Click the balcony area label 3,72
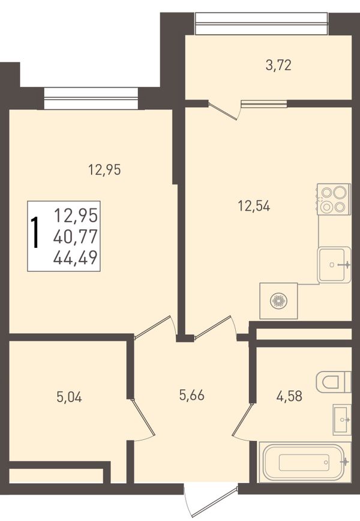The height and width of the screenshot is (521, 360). [x=278, y=65]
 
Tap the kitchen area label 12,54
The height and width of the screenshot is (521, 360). [x=254, y=206]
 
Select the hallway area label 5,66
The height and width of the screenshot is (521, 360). [x=191, y=395]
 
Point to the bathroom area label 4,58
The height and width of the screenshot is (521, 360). [x=289, y=396]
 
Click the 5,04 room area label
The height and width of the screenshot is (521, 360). [x=69, y=397]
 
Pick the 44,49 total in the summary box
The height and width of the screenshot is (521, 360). [x=76, y=257]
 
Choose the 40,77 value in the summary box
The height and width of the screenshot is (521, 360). [x=76, y=236]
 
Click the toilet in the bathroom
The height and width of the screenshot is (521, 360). [x=334, y=382]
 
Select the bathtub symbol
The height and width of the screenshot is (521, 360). [x=305, y=462]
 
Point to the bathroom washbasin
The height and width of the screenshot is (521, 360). [x=342, y=420]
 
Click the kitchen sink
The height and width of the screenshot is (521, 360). [x=334, y=265]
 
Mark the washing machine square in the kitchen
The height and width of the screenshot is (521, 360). [x=278, y=301]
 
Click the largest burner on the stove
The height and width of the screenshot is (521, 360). [x=340, y=192]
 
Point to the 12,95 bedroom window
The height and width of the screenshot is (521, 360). [x=91, y=98]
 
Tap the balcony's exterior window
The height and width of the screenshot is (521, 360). [x=261, y=23]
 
